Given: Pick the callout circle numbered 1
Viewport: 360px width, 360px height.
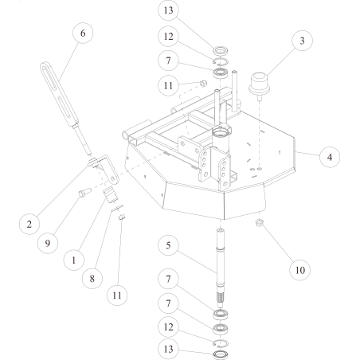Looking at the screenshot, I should point(73,258).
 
